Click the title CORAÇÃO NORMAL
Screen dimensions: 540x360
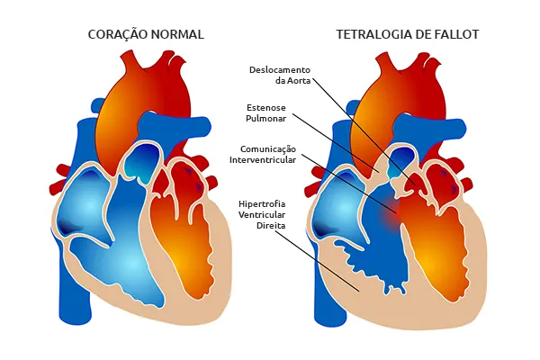coord(146,34)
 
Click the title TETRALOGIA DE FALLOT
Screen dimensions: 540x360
coord(408,34)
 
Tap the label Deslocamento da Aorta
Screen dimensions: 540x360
coord(280,75)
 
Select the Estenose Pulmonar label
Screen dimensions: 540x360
coord(265,113)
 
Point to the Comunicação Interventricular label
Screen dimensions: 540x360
coord(263,154)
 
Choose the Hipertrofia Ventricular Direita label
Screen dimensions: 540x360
coord(262,214)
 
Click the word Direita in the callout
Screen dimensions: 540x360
coord(271,226)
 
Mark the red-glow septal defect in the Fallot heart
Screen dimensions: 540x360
coord(391,211)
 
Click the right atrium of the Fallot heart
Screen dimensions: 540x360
coord(339,207)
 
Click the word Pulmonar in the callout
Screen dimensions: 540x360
coord(265,119)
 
